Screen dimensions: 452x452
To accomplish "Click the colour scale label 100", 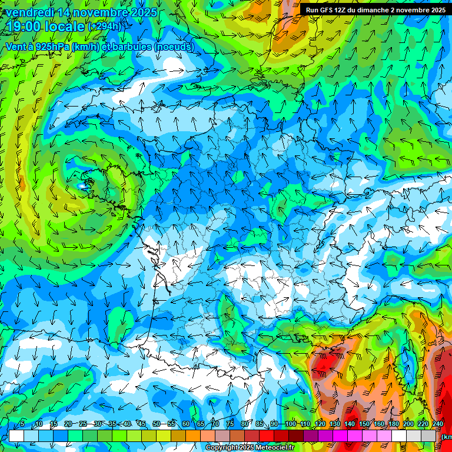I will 290,424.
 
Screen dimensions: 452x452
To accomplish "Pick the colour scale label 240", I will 438,424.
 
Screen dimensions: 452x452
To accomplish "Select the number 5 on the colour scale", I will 22,424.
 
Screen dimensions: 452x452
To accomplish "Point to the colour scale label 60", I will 186,424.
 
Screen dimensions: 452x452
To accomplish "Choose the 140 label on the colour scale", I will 350,424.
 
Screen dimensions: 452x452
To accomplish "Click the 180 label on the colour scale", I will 394,424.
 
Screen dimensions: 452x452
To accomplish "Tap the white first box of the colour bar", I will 16,436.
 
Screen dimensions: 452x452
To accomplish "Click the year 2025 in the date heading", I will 144,12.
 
